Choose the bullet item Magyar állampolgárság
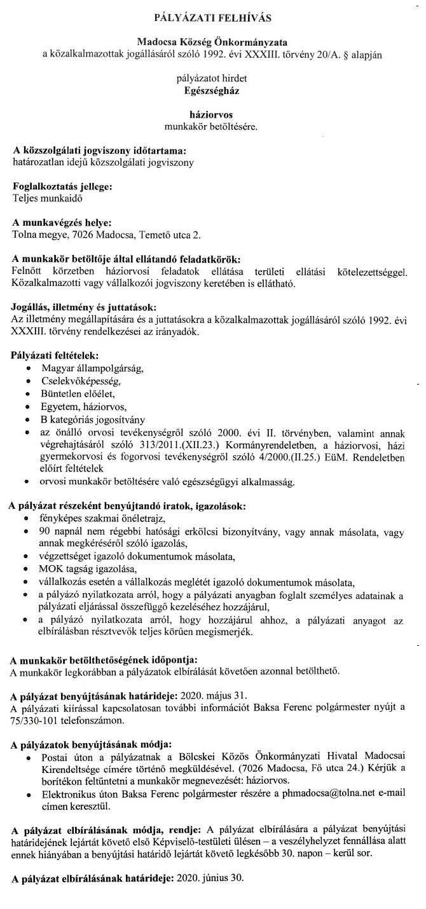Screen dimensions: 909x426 click(93, 369)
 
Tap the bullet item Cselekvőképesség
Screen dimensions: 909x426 click(81, 381)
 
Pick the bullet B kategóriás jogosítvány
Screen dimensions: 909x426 click(93, 420)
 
